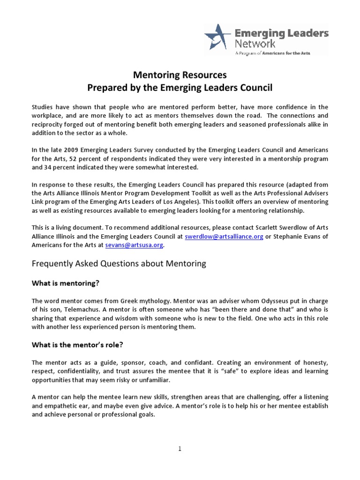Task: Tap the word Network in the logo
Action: tap(255, 44)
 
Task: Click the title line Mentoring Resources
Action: tap(180, 75)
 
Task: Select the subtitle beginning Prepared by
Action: tap(180, 87)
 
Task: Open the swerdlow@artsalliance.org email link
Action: tap(224, 237)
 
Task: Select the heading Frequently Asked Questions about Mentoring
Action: tap(119, 263)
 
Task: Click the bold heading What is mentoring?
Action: tap(66, 283)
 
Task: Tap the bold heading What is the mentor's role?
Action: tap(77, 345)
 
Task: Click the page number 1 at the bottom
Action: tap(180, 449)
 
